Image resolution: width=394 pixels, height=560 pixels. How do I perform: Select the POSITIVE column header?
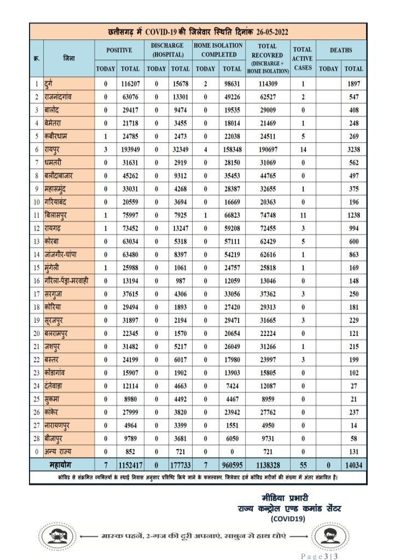119,50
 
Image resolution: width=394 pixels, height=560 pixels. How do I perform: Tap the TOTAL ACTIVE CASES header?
302,58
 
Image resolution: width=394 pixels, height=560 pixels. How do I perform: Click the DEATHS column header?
341,50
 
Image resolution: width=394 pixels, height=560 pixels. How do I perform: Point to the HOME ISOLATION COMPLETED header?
218,50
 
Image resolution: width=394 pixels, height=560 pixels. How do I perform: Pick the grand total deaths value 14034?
354,465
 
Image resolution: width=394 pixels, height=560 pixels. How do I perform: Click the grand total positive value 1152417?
130,465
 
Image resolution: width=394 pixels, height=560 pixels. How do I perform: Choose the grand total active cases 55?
302,465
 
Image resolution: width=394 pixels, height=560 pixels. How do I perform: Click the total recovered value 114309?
268,84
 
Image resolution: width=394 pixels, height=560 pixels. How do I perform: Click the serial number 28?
37,438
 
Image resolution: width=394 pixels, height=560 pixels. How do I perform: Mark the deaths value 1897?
354,84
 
